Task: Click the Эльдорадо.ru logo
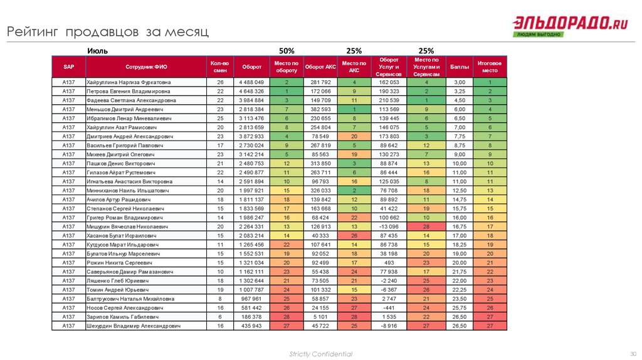tap(571, 26)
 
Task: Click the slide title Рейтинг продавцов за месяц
tap(107, 31)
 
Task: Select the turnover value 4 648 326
tap(252, 91)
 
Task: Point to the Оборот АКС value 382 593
tap(320, 109)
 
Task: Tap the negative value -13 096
tap(389, 226)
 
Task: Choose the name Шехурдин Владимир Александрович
tap(134, 326)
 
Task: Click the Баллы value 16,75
tap(460, 226)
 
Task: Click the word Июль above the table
tap(98, 50)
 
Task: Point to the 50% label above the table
tap(287, 50)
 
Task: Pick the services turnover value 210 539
tap(389, 100)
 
